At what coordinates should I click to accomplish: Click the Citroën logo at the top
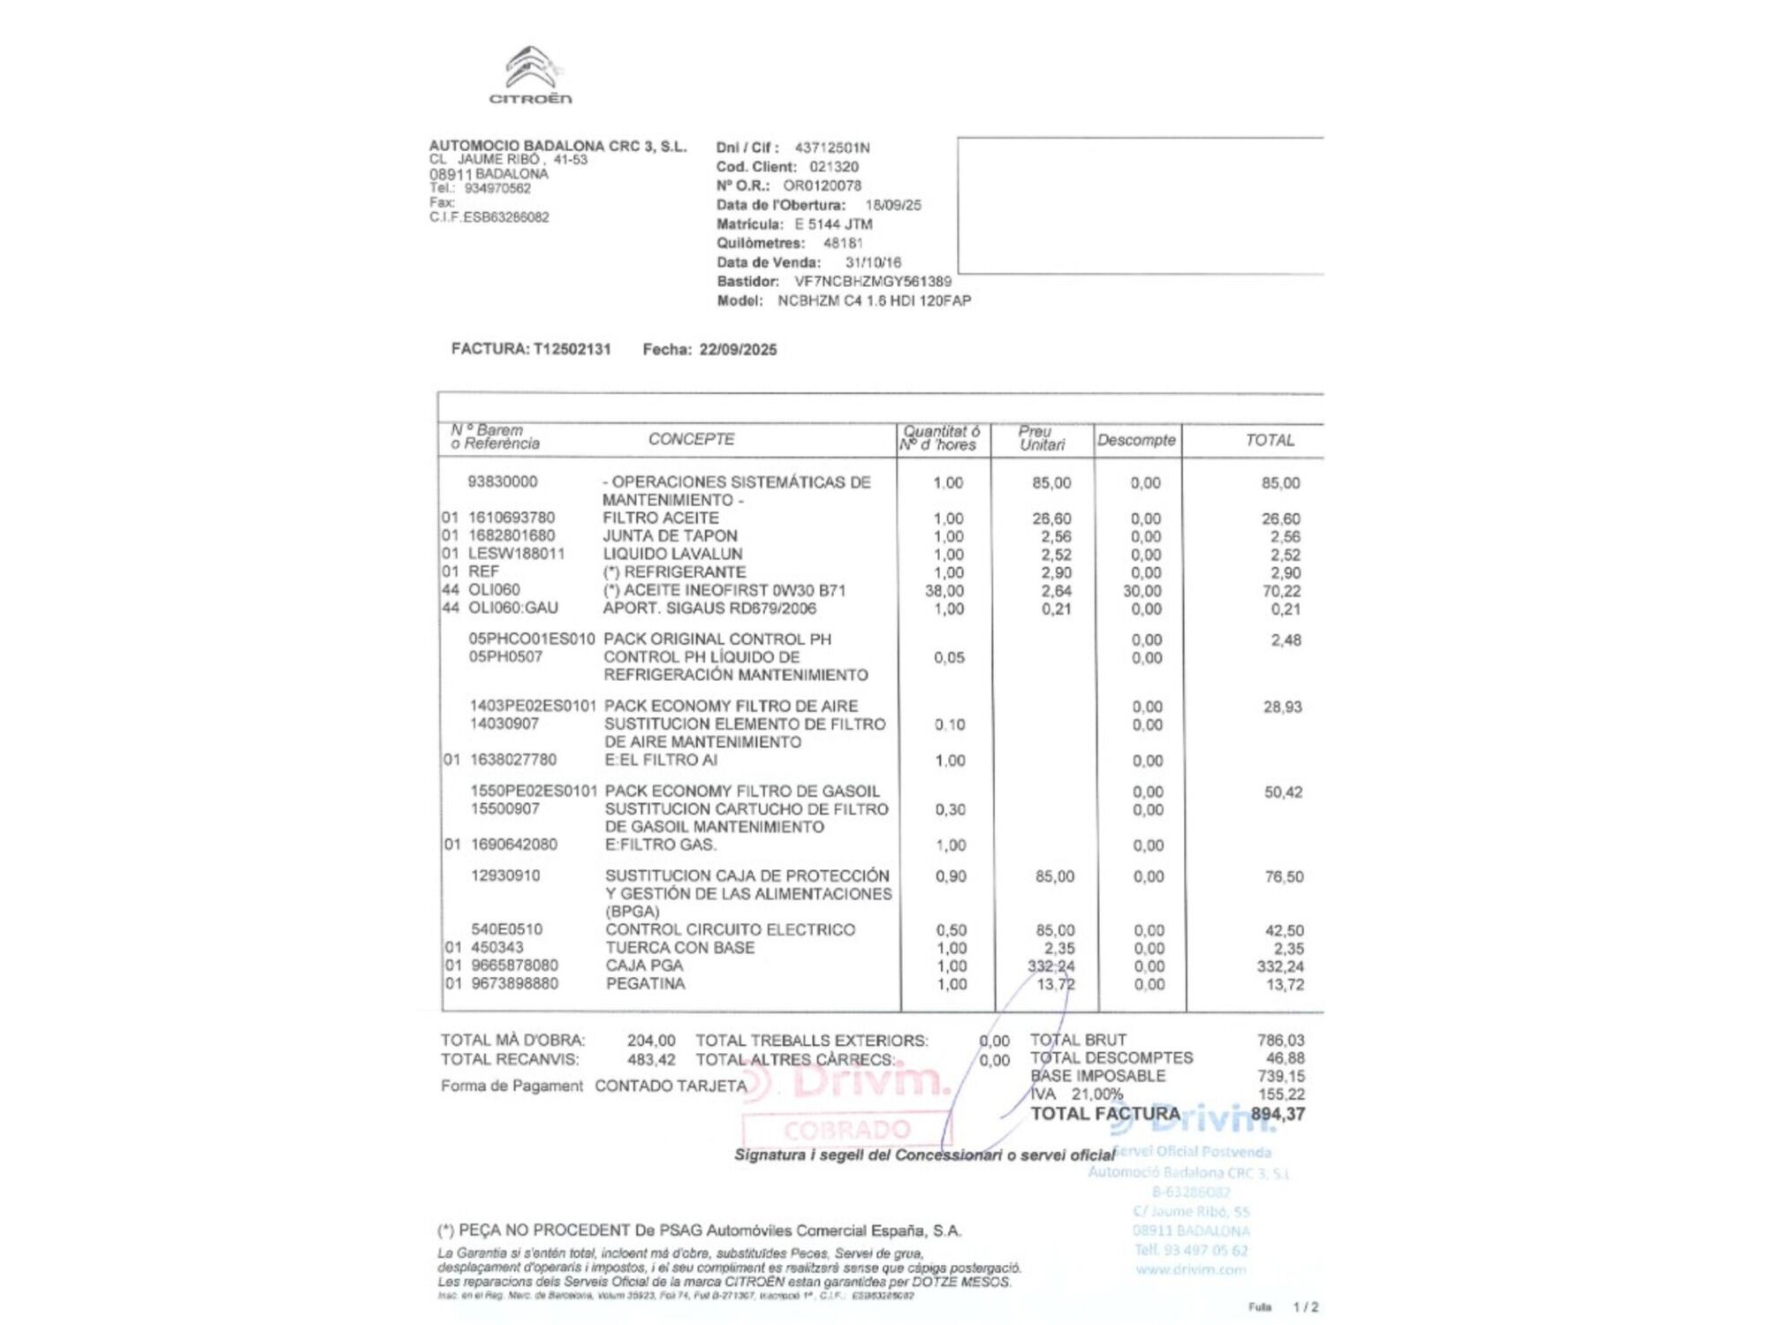531,75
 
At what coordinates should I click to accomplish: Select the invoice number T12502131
572,349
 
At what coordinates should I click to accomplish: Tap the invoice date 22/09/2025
738,350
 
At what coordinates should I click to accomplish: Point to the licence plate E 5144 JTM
833,224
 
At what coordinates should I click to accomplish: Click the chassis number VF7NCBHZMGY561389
873,282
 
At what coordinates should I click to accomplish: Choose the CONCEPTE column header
691,439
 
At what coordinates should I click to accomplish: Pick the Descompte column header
1136,440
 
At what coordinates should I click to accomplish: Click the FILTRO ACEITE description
661,519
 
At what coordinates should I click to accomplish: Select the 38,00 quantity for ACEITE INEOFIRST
944,591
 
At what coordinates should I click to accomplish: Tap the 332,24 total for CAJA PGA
1280,966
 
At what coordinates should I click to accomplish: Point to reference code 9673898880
514,984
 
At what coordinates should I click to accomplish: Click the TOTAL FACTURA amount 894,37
1278,1114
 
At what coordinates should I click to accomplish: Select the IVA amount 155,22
1281,1094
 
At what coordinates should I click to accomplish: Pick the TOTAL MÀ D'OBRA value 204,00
651,1041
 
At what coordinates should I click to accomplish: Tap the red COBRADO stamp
846,1130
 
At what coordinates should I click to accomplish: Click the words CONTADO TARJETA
671,1086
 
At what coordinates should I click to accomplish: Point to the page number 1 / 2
1305,1306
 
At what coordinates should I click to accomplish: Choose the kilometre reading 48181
843,243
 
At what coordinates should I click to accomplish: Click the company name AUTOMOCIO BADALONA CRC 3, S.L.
557,146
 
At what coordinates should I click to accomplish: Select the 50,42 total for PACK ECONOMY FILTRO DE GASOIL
1283,792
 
